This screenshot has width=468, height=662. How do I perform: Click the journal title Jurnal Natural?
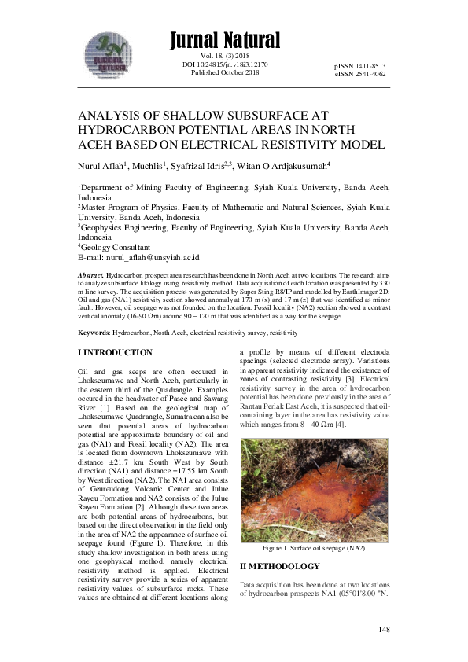[224, 40]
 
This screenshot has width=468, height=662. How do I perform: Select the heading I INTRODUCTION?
[115, 353]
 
